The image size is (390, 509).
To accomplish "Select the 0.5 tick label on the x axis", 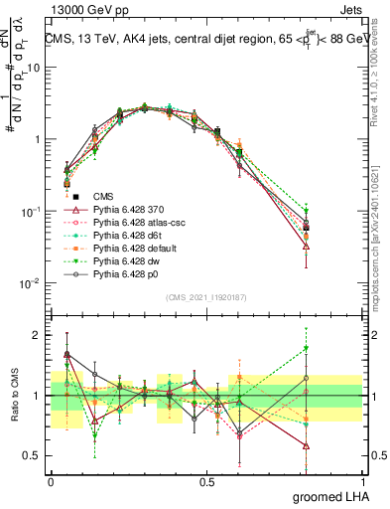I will pyautogui.click(x=206, y=480).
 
